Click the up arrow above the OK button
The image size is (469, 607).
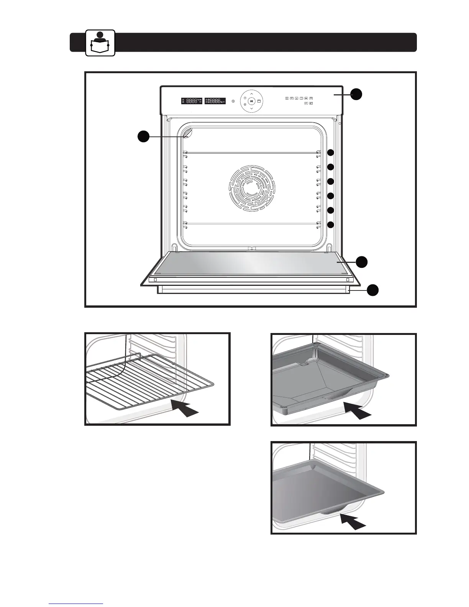[x=251, y=93]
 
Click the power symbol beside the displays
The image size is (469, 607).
[x=233, y=101]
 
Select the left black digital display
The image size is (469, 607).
[x=192, y=101]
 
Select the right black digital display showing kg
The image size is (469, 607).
[x=215, y=101]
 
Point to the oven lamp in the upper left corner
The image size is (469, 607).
[x=188, y=133]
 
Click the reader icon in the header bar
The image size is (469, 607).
[x=100, y=43]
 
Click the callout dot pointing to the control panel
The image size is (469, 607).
[x=356, y=94]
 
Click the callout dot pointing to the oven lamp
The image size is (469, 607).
[x=143, y=136]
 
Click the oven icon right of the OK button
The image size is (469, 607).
[x=259, y=101]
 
